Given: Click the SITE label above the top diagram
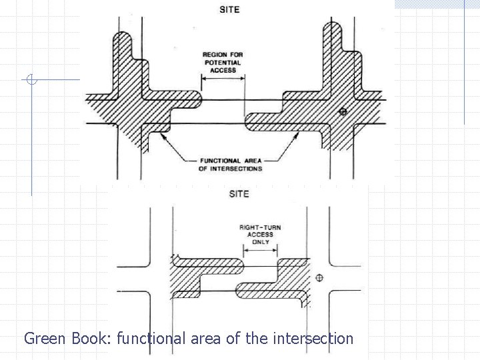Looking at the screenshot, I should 229,10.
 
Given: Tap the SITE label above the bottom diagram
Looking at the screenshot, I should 239,194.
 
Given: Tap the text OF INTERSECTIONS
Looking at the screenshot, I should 231,168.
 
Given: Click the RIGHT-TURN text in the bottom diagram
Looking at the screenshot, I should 260,228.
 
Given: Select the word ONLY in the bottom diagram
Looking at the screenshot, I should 261,242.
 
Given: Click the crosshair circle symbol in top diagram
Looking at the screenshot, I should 343,111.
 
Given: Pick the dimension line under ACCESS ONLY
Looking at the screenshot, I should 261,251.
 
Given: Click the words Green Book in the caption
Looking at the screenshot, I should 67,338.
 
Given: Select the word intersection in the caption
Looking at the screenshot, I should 313,338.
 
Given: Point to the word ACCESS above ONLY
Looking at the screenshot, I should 260,235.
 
